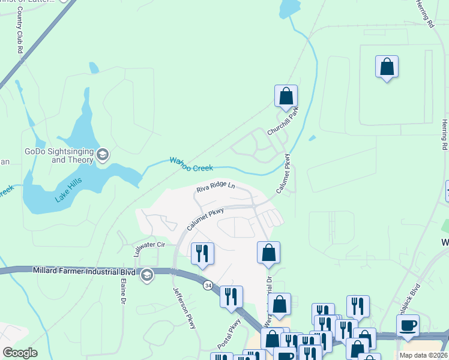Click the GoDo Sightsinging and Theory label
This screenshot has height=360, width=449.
point(58,156)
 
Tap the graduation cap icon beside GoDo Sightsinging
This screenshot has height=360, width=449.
point(103,155)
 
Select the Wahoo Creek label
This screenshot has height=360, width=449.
point(191,164)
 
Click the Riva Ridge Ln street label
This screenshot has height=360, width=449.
point(215,188)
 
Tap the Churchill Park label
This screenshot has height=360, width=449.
point(283,120)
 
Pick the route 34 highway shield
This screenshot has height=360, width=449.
point(207,284)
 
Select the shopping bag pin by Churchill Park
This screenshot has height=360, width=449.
point(286,96)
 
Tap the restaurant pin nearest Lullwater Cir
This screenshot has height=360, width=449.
point(202,253)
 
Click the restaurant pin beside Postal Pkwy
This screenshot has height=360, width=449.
point(231,297)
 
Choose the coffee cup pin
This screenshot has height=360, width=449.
point(408,326)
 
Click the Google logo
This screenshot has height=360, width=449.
point(20,353)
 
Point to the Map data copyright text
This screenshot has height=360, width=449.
point(423,355)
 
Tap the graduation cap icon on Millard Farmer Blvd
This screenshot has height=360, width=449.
point(146,275)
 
